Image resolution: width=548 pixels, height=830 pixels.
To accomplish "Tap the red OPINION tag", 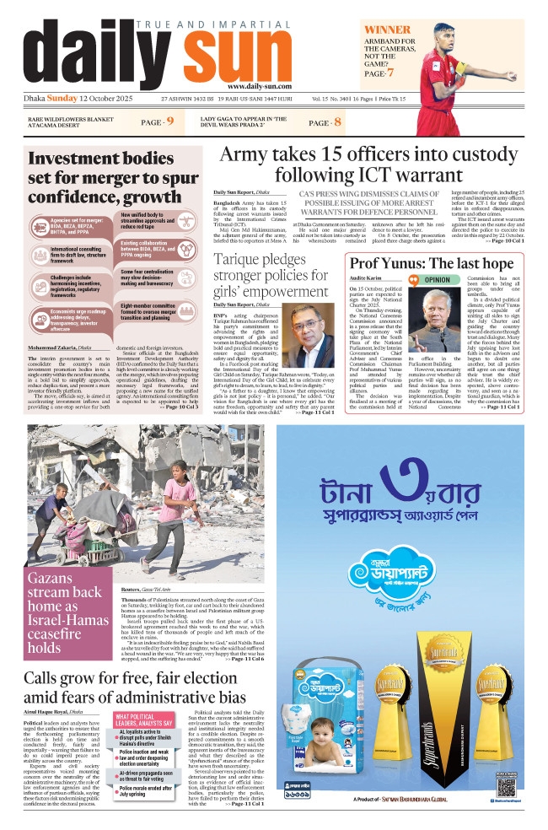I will (x=436, y=278).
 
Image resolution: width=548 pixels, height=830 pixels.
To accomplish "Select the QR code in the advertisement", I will (x=506, y=786).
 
